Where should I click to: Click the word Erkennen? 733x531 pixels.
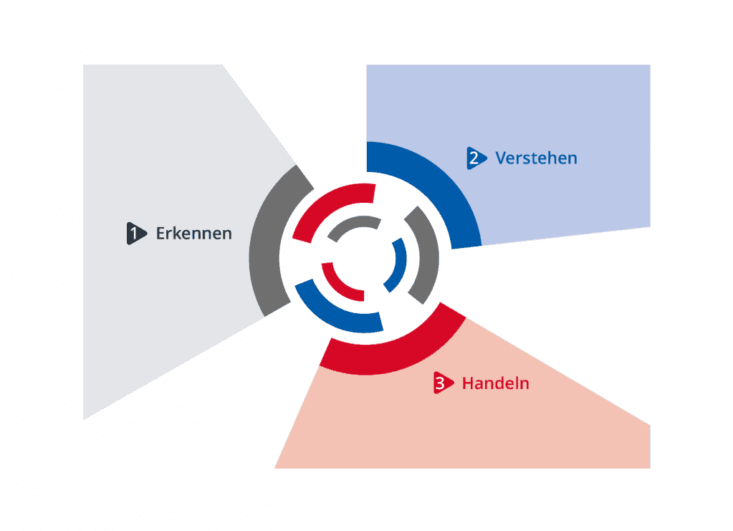pyautogui.click(x=193, y=233)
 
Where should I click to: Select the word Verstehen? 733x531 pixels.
pyautogui.click(x=536, y=158)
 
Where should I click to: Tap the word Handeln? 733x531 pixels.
pyautogui.click(x=496, y=383)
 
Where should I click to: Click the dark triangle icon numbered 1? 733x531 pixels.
pyautogui.click(x=136, y=233)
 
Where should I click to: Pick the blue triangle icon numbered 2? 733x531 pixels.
pyautogui.click(x=476, y=158)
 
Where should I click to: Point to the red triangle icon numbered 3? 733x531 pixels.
pyautogui.click(x=443, y=383)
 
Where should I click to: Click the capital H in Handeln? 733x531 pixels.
pyautogui.click(x=467, y=383)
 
